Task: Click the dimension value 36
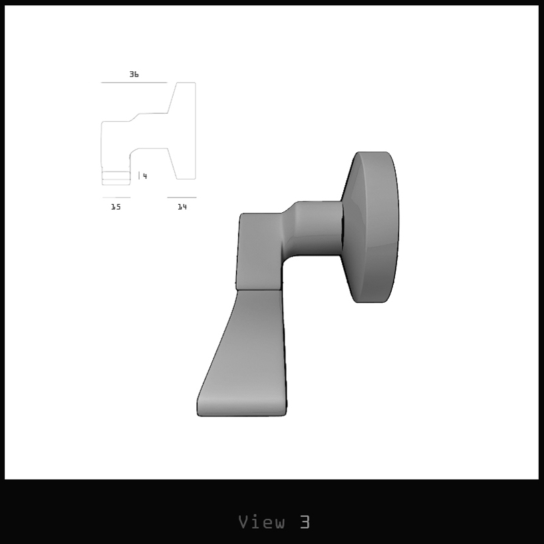tap(134, 74)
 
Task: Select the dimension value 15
tap(116, 207)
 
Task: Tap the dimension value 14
tap(182, 207)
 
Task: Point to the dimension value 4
tap(144, 176)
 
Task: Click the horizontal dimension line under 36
tap(134, 82)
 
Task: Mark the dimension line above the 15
tap(116, 198)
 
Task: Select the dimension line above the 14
tap(182, 198)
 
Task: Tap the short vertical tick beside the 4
tap(139, 176)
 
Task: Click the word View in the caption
tap(262, 522)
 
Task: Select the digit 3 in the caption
tap(305, 522)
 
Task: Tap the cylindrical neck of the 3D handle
tap(318, 228)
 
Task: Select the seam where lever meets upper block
tap(259, 289)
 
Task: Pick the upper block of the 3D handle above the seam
tap(259, 249)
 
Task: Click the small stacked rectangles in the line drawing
tap(116, 178)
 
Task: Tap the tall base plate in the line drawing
tap(186, 131)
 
